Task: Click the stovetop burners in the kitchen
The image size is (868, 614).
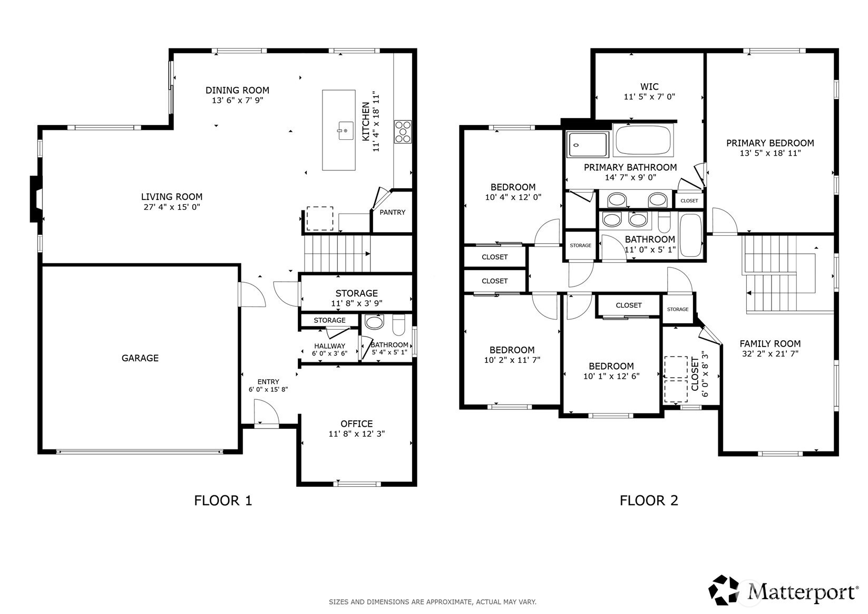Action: pyautogui.click(x=403, y=132)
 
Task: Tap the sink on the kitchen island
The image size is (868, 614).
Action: pyautogui.click(x=345, y=130)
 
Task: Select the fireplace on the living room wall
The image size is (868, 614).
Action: pyautogui.click(x=36, y=199)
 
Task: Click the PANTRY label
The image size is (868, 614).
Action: pyautogui.click(x=392, y=212)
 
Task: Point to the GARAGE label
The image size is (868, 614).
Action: pyautogui.click(x=140, y=358)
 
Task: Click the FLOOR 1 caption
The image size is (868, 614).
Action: pyautogui.click(x=223, y=501)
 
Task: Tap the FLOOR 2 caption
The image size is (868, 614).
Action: pyautogui.click(x=649, y=501)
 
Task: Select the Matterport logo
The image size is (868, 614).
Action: pyautogui.click(x=783, y=591)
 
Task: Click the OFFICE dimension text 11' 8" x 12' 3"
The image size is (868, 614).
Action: pyautogui.click(x=356, y=434)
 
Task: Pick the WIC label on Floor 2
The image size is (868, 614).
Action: pyautogui.click(x=649, y=87)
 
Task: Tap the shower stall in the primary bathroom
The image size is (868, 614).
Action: pyautogui.click(x=587, y=145)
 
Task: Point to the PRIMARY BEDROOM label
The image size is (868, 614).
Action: pyautogui.click(x=770, y=143)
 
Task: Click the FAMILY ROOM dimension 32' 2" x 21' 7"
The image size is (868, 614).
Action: pyautogui.click(x=770, y=353)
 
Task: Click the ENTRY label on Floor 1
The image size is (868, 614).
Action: pyautogui.click(x=268, y=382)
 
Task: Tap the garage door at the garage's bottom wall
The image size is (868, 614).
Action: pyautogui.click(x=140, y=452)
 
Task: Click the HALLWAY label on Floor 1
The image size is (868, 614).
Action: pyautogui.click(x=329, y=346)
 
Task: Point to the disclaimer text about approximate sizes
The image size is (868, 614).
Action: pyautogui.click(x=433, y=602)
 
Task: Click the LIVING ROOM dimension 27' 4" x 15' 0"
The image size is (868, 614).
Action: pyautogui.click(x=172, y=207)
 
